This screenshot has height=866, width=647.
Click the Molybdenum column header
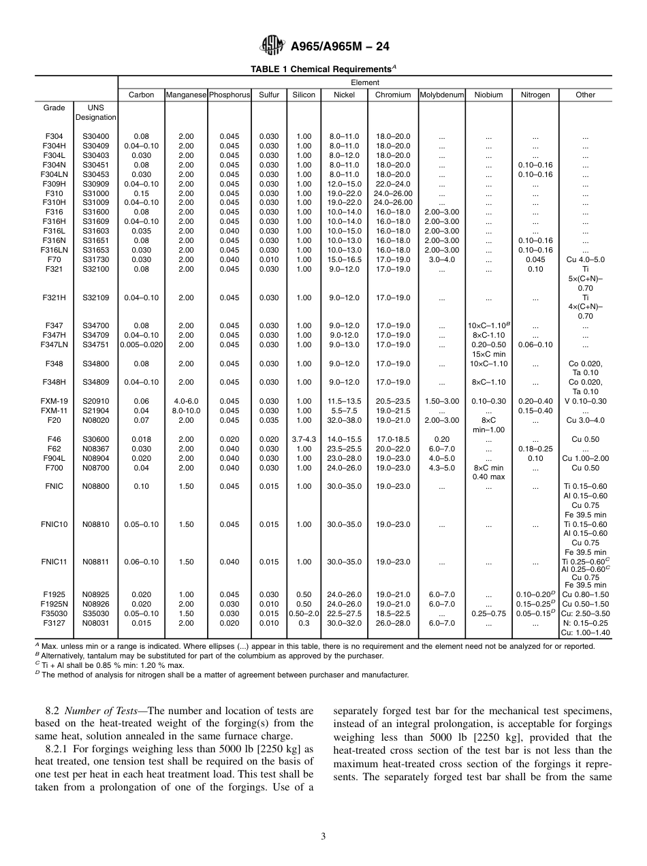coord(441,95)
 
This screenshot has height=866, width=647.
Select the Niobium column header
coord(488,95)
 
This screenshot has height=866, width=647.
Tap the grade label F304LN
coord(54,174)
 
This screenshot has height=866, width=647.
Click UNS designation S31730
coord(96,259)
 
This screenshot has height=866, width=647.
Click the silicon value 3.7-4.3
coord(304,439)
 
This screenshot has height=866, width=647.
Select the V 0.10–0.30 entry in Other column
coord(585,401)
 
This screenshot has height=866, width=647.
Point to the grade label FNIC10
coord(54,524)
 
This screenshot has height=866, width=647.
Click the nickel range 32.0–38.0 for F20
coord(344,420)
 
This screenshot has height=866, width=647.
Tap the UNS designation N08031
coord(96,623)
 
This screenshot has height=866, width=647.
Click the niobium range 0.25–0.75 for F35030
coord(488,613)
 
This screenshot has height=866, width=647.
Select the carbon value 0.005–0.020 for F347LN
coord(142,344)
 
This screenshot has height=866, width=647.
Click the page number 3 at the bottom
coord(323,837)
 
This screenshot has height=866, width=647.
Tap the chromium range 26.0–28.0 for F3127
coord(393,623)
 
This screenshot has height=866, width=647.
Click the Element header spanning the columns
coord(365,82)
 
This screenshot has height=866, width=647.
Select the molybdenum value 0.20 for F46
coord(441,439)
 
